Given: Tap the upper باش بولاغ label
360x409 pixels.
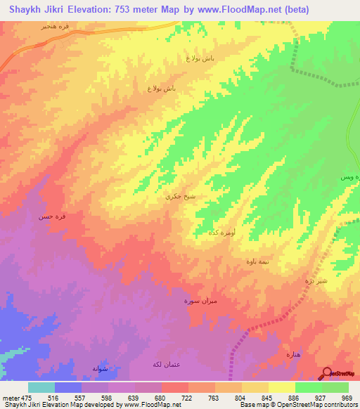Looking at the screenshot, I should pos(200,58).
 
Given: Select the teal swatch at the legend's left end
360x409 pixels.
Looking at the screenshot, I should pos(41,387).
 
